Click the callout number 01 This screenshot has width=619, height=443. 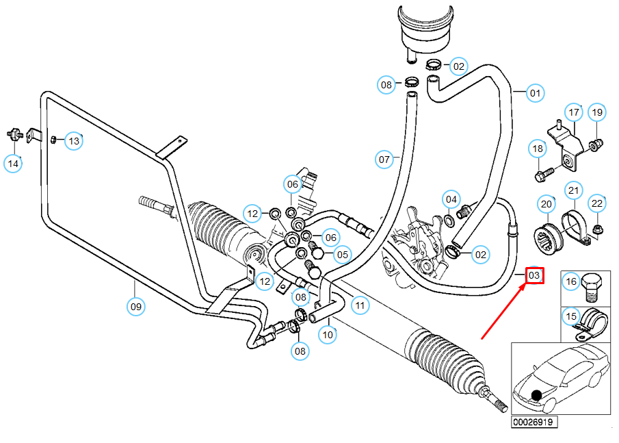pyautogui.click(x=535, y=93)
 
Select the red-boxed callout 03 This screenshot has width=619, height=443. pyautogui.click(x=534, y=275)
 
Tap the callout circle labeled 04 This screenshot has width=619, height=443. pyautogui.click(x=451, y=199)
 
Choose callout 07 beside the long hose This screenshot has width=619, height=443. pyautogui.click(x=384, y=160)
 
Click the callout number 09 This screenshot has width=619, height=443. pyautogui.click(x=136, y=307)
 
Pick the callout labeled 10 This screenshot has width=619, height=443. pyautogui.click(x=328, y=335)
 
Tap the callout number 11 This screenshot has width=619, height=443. pyautogui.click(x=360, y=305)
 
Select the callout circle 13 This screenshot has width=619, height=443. pyautogui.click(x=74, y=141)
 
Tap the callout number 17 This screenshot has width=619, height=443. pyautogui.click(x=574, y=112)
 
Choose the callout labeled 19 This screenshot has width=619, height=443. pyautogui.click(x=597, y=112)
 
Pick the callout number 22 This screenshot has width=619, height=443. pyautogui.click(x=597, y=203)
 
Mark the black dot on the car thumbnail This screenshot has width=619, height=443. pyautogui.click(x=537, y=395)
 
